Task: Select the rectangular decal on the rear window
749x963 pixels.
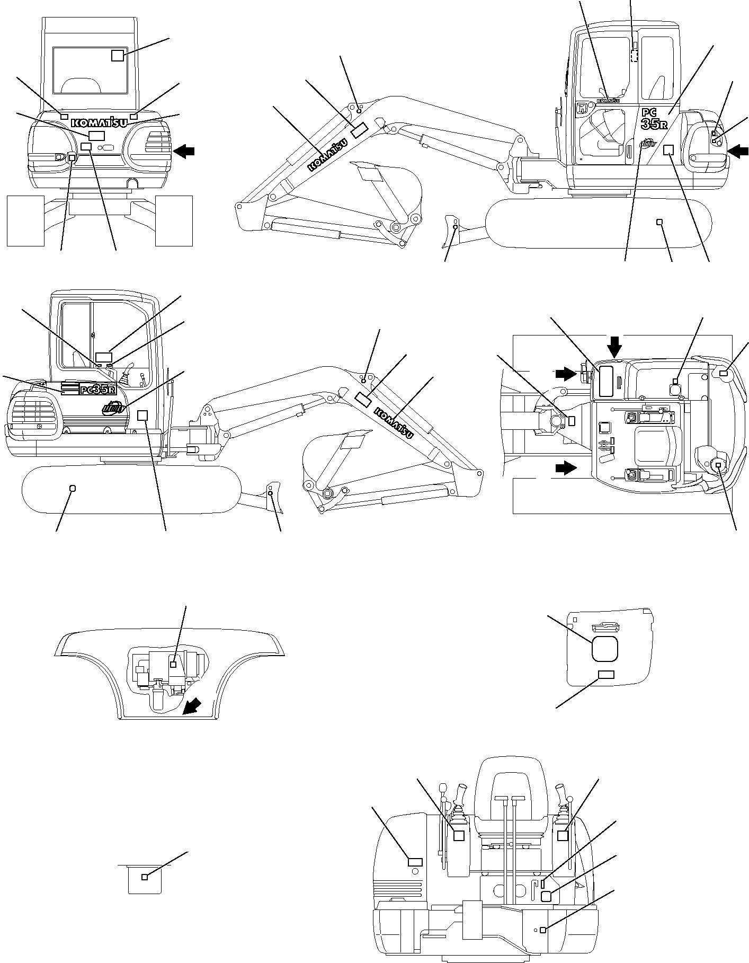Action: pyautogui.click(x=118, y=55)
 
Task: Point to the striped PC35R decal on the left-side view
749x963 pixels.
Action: pyautogui.click(x=88, y=390)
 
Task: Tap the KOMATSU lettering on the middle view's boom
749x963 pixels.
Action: pyautogui.click(x=394, y=422)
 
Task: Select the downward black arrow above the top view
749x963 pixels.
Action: pyautogui.click(x=614, y=347)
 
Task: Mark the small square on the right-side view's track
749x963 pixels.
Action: pyautogui.click(x=659, y=222)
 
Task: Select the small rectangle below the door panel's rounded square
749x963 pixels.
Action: pyautogui.click(x=605, y=674)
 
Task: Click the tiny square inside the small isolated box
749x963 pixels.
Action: pyautogui.click(x=145, y=877)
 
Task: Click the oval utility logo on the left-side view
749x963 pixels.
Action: pyautogui.click(x=114, y=408)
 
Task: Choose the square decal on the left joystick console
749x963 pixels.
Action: pyautogui.click(x=459, y=835)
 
